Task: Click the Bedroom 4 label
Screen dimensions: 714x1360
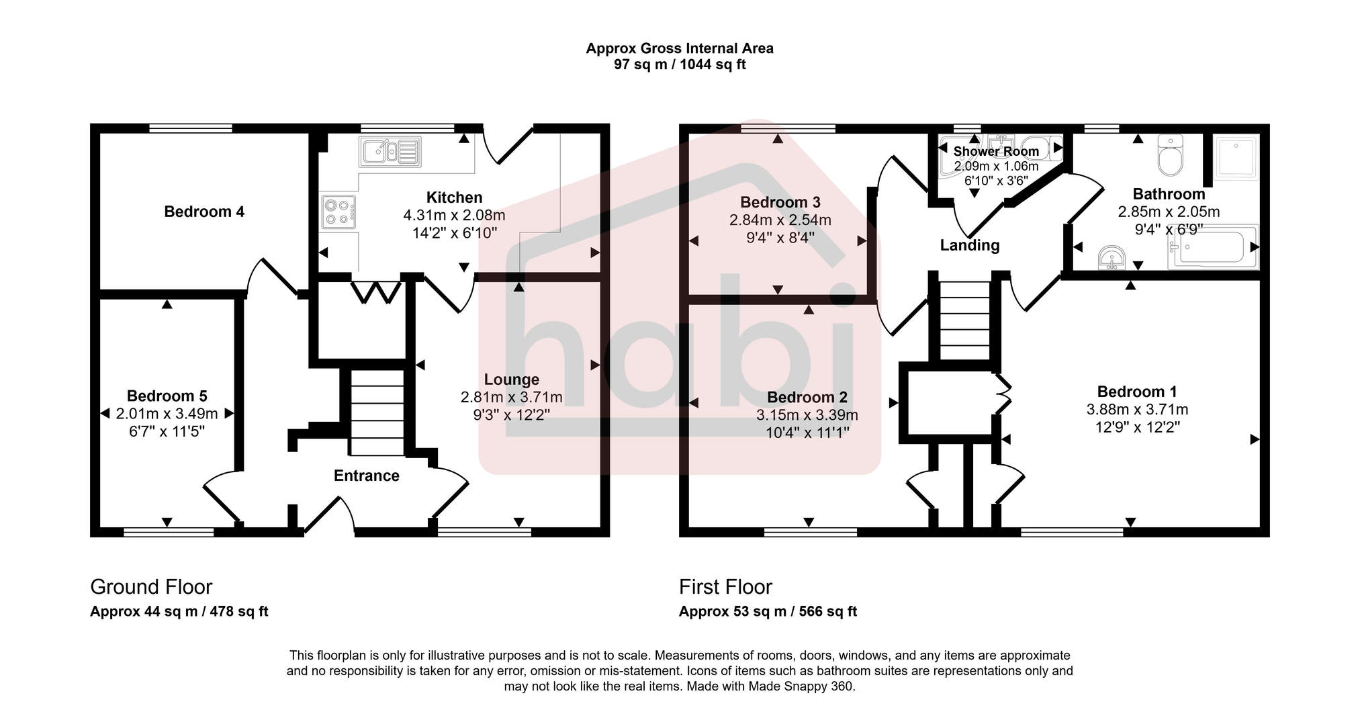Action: coord(204,212)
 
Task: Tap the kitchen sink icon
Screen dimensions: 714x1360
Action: coord(390,152)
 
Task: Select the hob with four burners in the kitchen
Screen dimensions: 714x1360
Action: coord(338,212)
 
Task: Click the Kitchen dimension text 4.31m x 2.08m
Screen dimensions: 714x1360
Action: coord(454,216)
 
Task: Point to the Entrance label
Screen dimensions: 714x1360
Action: coord(367,476)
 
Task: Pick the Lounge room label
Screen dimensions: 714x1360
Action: coord(511,380)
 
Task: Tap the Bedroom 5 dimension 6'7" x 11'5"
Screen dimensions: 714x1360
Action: coord(167,431)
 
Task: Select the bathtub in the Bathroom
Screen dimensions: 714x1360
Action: coord(1213,247)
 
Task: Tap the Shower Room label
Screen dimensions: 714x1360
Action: coord(996,152)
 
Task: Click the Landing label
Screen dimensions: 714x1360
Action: coord(969,246)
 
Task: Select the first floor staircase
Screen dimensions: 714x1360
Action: coord(964,321)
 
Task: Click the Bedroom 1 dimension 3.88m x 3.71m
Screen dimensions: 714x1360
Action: coord(1137,410)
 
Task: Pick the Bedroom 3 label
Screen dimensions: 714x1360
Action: coord(780,203)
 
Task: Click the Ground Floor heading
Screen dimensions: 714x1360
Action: coord(151,587)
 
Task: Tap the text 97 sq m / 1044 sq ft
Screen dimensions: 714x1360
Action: coord(680,65)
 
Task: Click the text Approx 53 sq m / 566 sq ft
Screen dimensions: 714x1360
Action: coord(768,612)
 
